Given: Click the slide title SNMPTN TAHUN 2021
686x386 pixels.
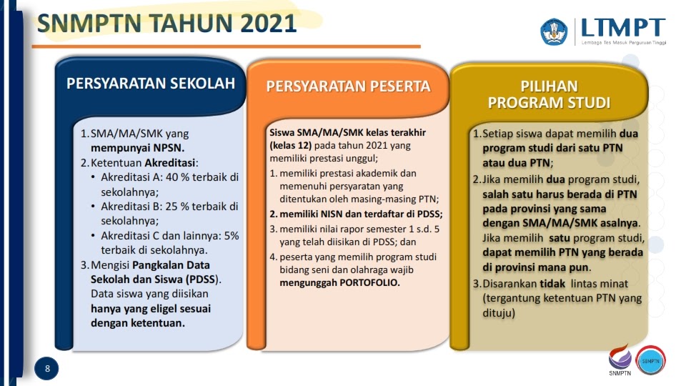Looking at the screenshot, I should (x=166, y=24).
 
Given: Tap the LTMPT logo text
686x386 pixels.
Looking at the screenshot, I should (x=622, y=29).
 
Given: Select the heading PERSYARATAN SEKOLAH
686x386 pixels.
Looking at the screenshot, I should (x=151, y=84).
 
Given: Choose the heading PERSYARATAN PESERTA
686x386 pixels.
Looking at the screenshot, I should (x=348, y=86).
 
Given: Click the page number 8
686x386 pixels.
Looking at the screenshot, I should (x=47, y=369).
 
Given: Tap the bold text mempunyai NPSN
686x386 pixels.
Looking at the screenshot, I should (x=137, y=148).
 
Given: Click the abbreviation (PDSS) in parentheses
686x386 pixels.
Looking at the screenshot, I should (x=202, y=279).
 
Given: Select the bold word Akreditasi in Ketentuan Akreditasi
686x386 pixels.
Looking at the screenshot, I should (x=169, y=163).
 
